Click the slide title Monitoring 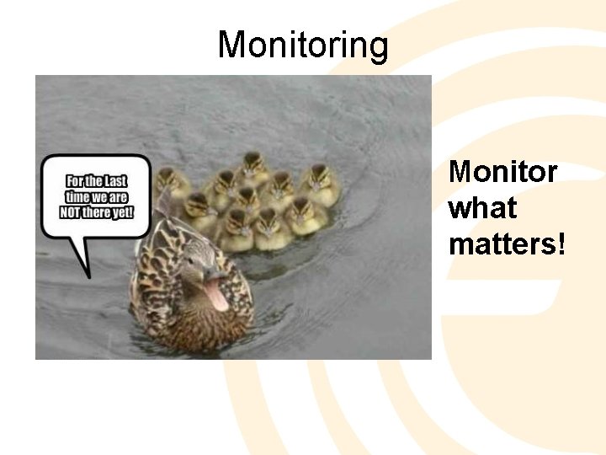click(303, 45)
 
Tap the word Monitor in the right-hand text click(502, 172)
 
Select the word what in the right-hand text click(482, 208)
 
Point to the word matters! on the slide click(508, 244)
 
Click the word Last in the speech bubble click(115, 181)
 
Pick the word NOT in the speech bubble click(70, 211)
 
